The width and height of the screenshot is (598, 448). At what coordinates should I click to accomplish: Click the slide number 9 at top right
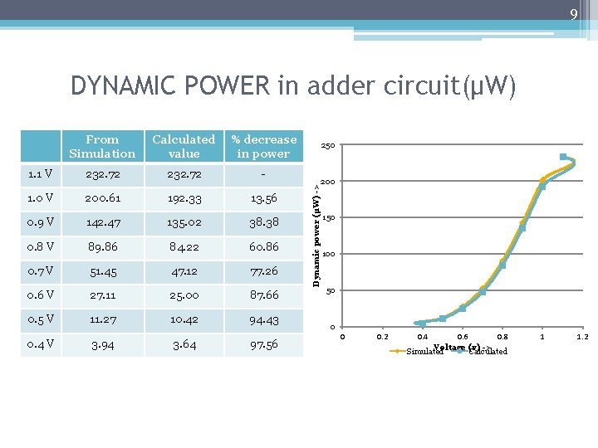pyautogui.click(x=573, y=14)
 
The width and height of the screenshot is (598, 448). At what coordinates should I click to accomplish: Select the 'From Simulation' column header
pyautogui.click(x=102, y=147)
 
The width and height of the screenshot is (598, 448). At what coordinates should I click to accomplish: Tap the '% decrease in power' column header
pyautogui.click(x=264, y=147)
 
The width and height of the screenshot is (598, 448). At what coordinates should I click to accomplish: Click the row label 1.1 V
pyautogui.click(x=41, y=174)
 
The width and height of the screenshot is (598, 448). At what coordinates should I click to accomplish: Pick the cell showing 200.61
pyautogui.click(x=102, y=199)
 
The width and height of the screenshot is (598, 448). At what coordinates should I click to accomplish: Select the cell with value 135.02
pyautogui.click(x=184, y=223)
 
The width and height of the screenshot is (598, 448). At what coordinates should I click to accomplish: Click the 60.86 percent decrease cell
pyautogui.click(x=264, y=247)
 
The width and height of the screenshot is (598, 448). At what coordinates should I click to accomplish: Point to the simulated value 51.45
pyautogui.click(x=102, y=271)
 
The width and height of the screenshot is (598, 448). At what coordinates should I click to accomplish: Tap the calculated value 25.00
pyautogui.click(x=184, y=295)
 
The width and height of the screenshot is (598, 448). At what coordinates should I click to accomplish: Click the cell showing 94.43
pyautogui.click(x=264, y=319)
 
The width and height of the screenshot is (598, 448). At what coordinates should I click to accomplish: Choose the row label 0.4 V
pyautogui.click(x=41, y=343)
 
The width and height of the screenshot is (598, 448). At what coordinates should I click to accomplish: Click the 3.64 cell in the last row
pyautogui.click(x=184, y=343)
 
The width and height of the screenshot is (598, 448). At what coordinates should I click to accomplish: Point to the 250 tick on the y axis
pyautogui.click(x=328, y=146)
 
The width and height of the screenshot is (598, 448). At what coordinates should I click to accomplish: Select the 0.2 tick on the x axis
pyautogui.click(x=381, y=337)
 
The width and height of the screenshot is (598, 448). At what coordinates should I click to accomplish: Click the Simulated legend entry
pyautogui.click(x=424, y=352)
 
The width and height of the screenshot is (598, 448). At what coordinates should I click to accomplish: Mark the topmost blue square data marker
pyautogui.click(x=563, y=157)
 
